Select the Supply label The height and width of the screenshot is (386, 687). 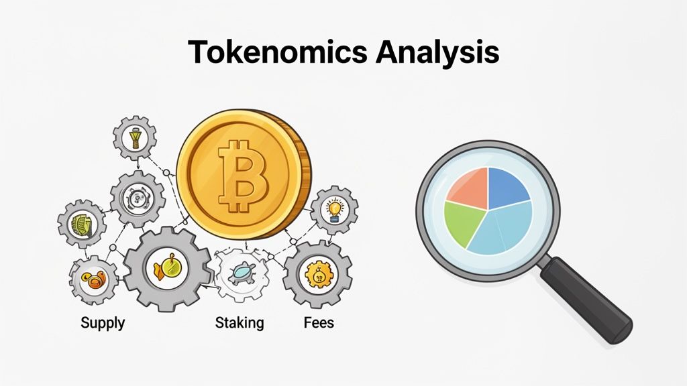[103, 322]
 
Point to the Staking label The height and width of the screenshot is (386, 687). [240, 322]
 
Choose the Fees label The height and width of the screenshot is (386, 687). [319, 322]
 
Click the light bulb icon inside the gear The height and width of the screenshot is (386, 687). [333, 208]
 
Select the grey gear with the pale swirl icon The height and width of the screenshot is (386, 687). [137, 198]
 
